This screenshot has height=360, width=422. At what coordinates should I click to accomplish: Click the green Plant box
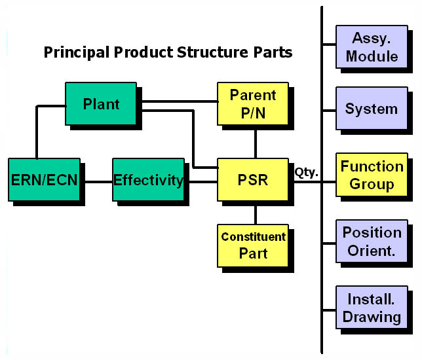click(101, 104)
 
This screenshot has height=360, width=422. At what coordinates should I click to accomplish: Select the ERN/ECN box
click(44, 179)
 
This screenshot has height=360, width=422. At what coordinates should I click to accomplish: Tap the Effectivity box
click(148, 179)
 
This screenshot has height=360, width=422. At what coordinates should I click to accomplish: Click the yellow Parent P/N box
click(253, 104)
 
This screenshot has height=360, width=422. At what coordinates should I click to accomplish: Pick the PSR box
click(253, 179)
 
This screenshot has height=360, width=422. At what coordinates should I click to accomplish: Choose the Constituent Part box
click(253, 245)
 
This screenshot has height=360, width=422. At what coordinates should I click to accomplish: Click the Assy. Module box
click(372, 46)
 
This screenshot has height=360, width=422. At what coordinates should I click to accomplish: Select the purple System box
click(372, 109)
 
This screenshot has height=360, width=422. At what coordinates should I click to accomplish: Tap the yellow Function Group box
click(372, 175)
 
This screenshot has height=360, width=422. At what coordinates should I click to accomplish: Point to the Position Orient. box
click(372, 241)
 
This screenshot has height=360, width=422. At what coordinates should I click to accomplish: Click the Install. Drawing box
click(372, 308)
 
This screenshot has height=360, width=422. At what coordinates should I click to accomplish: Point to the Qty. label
click(306, 172)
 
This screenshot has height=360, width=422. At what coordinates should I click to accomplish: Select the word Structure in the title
click(212, 52)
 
